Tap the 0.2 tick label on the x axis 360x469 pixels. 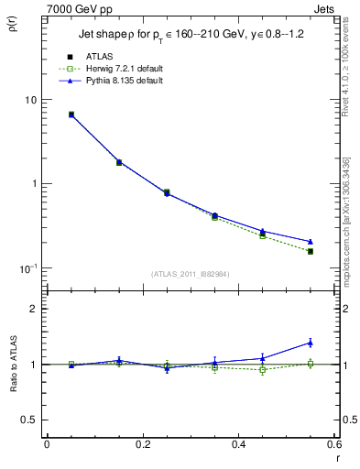click(142, 444)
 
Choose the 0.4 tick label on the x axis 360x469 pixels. click(238, 444)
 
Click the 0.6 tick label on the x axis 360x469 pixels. click(333, 444)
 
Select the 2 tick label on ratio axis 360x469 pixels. click(33, 309)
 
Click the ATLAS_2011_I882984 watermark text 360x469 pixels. click(190, 273)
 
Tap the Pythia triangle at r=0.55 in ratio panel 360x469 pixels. click(311, 343)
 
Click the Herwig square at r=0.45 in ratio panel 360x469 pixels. click(263, 370)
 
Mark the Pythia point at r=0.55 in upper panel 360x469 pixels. click(311, 242)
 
